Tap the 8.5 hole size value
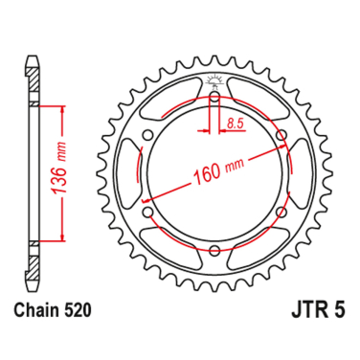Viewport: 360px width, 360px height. pyautogui.click(x=235, y=122)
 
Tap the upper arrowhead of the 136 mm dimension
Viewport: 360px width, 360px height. pyautogui.click(x=64, y=111)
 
